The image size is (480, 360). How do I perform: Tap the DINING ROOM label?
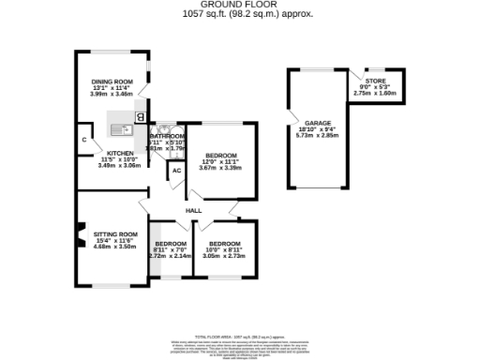coord(112,82)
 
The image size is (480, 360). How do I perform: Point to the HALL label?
coord(193,211)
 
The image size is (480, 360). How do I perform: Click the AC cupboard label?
coord(176,171)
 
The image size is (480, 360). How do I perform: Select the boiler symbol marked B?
coord(141,117)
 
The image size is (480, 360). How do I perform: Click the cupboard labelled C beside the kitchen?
coord(84,142)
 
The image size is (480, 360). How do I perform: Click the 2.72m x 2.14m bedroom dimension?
coord(170,255)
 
